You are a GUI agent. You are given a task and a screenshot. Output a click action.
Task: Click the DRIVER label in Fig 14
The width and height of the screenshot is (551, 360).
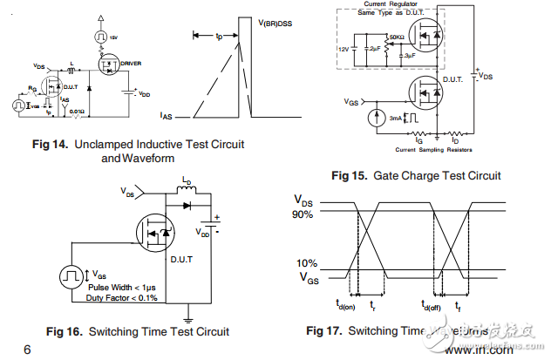(132, 64)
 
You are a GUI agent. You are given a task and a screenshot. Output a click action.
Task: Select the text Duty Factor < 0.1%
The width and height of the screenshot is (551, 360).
(121, 297)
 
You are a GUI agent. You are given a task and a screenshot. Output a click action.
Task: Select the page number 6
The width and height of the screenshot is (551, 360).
(27, 350)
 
